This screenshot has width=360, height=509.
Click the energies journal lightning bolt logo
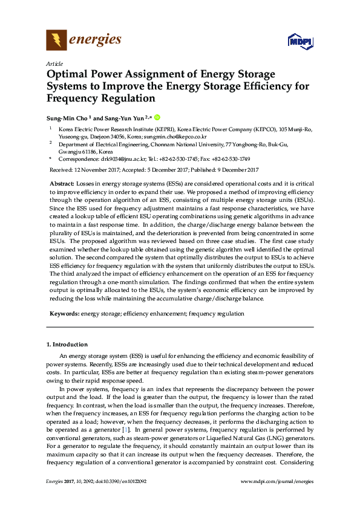[57, 40]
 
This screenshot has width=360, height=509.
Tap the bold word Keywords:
[64, 314]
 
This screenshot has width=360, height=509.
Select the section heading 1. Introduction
[67, 345]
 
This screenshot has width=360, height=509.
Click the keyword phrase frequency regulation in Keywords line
[217, 314]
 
